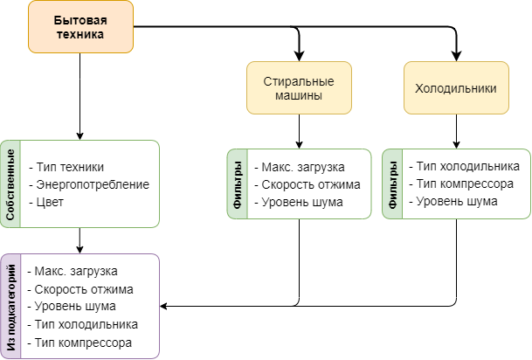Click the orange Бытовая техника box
(81, 26)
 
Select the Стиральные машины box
(299, 87)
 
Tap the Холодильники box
(455, 87)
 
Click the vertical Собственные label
(10, 183)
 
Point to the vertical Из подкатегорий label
(10, 306)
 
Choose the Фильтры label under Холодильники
(392, 184)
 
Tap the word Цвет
(51, 202)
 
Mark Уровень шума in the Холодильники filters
(457, 202)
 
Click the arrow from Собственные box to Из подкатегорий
(80, 240)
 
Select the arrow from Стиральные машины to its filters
(299, 131)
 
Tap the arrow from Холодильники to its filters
(455, 131)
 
